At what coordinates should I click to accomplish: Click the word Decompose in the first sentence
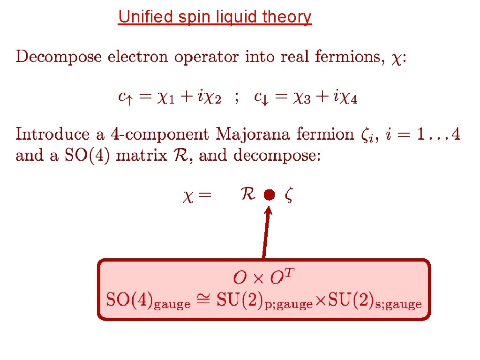point(59,57)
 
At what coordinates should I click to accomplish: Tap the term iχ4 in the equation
point(347,98)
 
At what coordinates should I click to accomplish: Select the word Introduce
point(52,135)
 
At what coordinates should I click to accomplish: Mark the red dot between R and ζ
point(268,195)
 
